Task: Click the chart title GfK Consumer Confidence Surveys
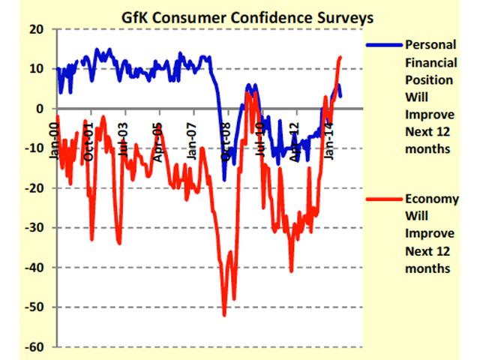[238, 13]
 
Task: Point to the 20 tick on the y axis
[35, 29]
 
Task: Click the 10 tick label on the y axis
[35, 69]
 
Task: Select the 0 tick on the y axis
[38, 109]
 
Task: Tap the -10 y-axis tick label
[33, 148]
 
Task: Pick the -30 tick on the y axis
[33, 228]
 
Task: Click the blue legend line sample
[383, 45]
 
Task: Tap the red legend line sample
[383, 199]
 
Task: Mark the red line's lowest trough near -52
[223, 315]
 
